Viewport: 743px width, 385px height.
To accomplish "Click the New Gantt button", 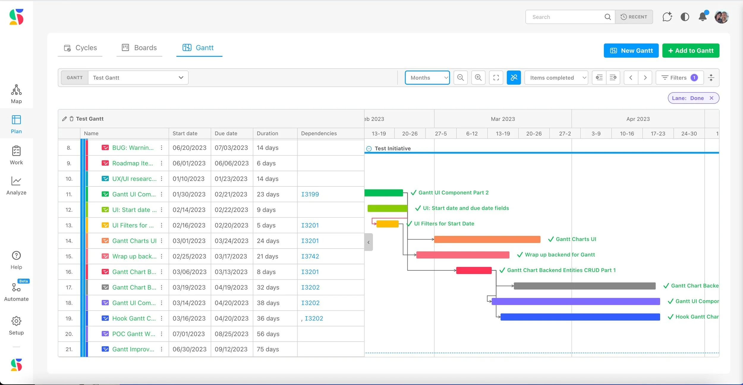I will pyautogui.click(x=631, y=51).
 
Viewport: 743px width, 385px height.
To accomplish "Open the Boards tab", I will pyautogui.click(x=139, y=48).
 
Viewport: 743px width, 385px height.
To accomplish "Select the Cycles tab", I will pyautogui.click(x=80, y=48).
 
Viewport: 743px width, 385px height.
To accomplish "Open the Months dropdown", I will pyautogui.click(x=427, y=78).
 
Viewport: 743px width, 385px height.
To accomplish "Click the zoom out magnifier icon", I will pyautogui.click(x=460, y=78).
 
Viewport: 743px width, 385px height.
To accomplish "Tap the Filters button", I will pyautogui.click(x=679, y=78).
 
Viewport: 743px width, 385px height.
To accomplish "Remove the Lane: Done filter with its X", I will pyautogui.click(x=711, y=98).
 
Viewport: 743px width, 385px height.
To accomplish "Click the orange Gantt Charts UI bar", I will pyautogui.click(x=487, y=239).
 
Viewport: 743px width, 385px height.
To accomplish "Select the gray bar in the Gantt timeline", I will pyautogui.click(x=584, y=286).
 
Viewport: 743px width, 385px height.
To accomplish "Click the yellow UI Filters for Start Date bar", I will pyautogui.click(x=387, y=224).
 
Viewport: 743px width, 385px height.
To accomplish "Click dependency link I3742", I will pyautogui.click(x=310, y=256).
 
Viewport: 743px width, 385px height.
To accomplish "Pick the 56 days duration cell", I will pyautogui.click(x=268, y=334).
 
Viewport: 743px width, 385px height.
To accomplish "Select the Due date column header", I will pyautogui.click(x=226, y=133).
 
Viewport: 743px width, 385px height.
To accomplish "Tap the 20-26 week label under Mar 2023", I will pyautogui.click(x=534, y=134).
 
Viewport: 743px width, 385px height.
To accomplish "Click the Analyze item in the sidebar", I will pyautogui.click(x=16, y=186).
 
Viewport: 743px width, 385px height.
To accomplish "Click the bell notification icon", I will pyautogui.click(x=703, y=17).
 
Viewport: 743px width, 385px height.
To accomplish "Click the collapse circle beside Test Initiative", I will pyautogui.click(x=369, y=149).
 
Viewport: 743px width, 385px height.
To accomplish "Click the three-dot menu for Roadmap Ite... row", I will pyautogui.click(x=161, y=163).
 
